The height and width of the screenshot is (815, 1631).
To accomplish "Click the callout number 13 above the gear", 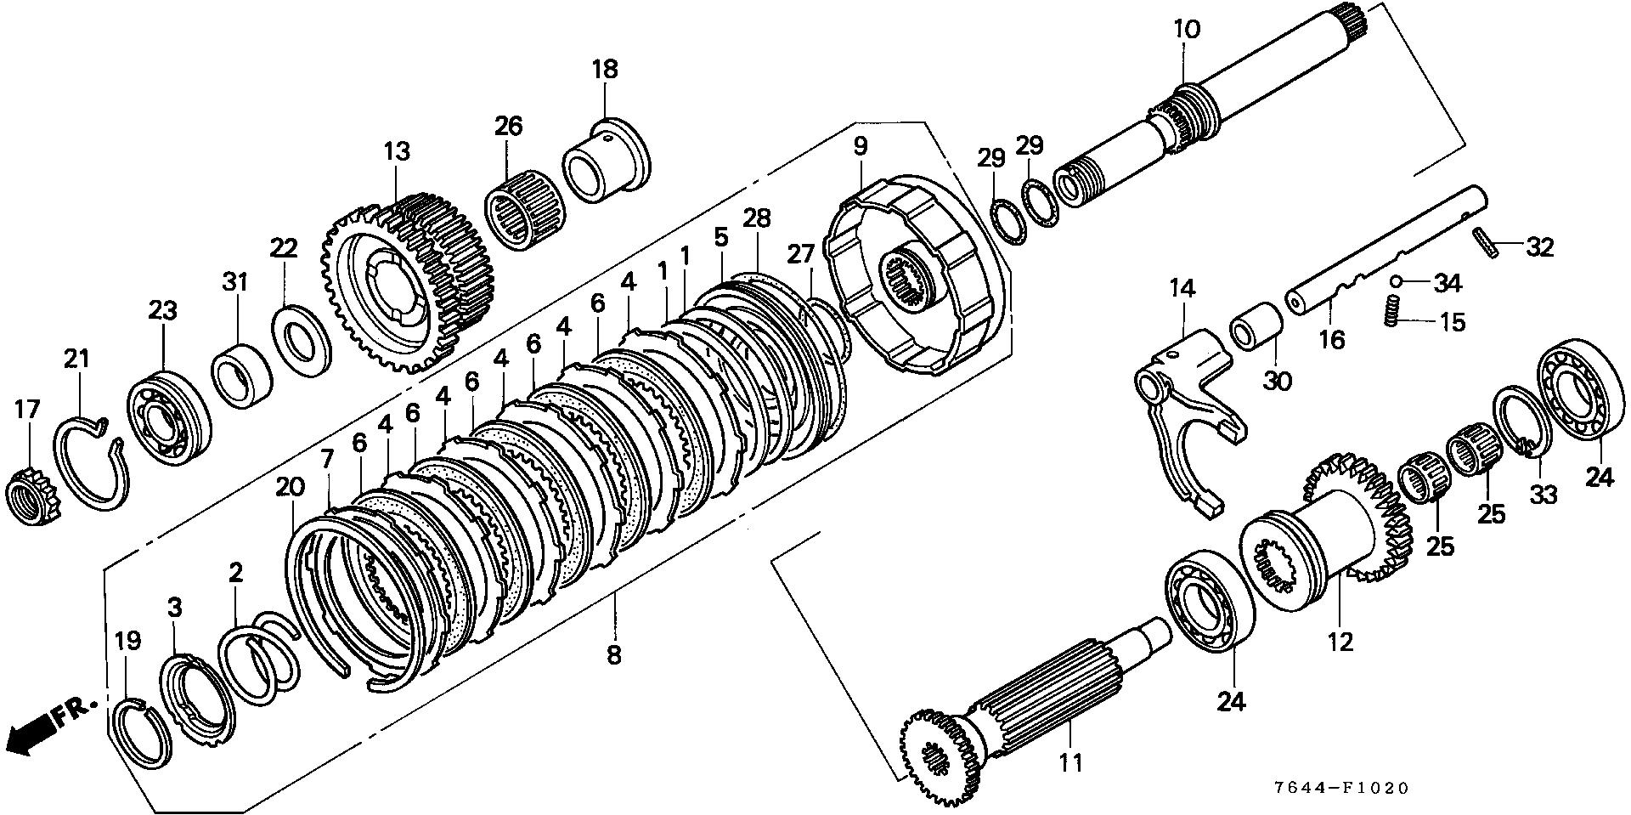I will pyautogui.click(x=396, y=152).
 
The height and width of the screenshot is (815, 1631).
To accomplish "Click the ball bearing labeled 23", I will pyautogui.click(x=167, y=417).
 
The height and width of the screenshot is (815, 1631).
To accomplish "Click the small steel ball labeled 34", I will pyautogui.click(x=1396, y=280).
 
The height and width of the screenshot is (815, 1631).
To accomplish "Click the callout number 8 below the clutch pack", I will pyautogui.click(x=613, y=654).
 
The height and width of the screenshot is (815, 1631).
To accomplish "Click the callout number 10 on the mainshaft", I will pyautogui.click(x=1188, y=30).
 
